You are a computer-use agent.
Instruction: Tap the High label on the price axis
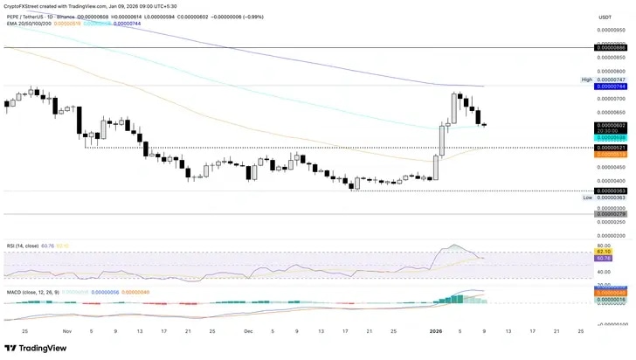point(587,80)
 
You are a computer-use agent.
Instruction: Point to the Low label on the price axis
point(588,197)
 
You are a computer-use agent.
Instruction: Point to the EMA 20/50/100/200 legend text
point(29,24)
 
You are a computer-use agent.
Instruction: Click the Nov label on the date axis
point(66,331)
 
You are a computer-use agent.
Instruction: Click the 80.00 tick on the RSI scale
point(604,246)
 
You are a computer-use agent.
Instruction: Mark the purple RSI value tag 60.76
point(604,259)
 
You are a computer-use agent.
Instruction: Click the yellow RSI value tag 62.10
point(604,253)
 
